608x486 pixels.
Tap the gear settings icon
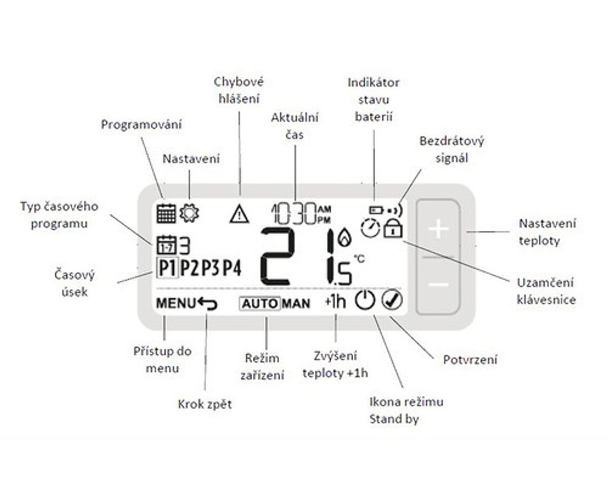click(x=189, y=212)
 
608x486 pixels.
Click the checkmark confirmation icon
click(x=392, y=300)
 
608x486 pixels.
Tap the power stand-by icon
click(x=365, y=300)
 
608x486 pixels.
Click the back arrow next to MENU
click(x=207, y=303)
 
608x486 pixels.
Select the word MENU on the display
click(x=176, y=303)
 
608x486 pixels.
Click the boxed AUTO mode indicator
click(x=260, y=303)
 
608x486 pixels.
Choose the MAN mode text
click(x=296, y=304)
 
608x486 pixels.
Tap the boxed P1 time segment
click(x=167, y=268)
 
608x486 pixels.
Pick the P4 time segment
click(x=232, y=268)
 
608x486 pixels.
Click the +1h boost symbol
click(x=336, y=301)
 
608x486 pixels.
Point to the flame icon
click(x=344, y=237)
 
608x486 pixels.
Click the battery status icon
click(x=376, y=211)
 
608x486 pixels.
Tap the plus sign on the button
click(x=438, y=228)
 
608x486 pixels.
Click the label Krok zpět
click(x=205, y=404)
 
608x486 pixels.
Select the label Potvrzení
click(x=470, y=360)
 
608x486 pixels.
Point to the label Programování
click(x=141, y=125)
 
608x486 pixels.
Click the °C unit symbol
click(x=359, y=259)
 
